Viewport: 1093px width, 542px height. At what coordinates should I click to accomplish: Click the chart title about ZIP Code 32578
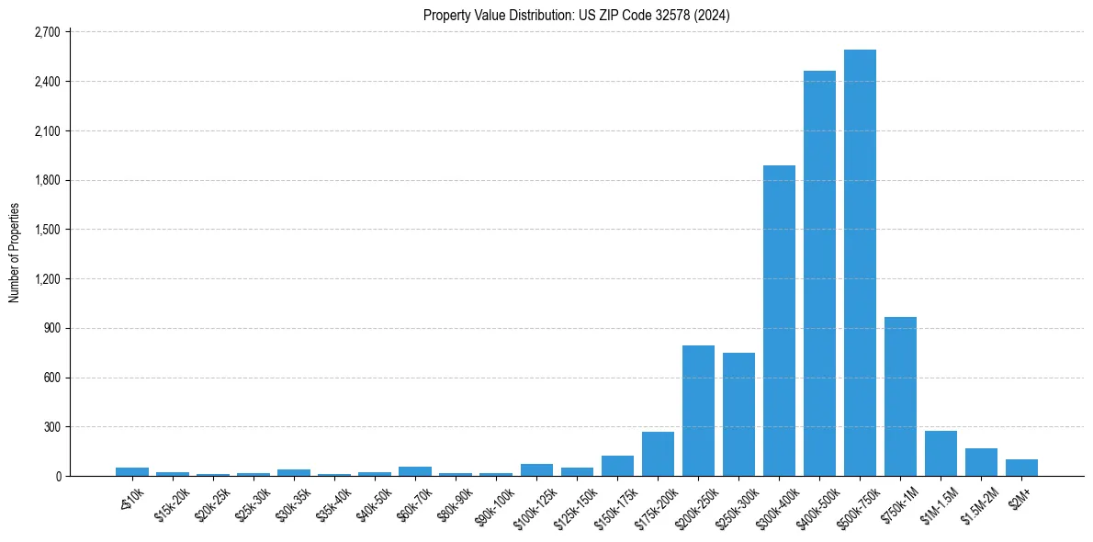coord(577,16)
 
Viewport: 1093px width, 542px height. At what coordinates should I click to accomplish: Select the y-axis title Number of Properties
coord(15,253)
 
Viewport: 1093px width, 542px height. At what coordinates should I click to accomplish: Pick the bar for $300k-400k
coord(779,321)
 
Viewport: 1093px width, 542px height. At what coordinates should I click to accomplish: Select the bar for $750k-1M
coord(900,397)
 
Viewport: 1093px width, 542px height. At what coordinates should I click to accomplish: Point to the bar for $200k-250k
coord(698,411)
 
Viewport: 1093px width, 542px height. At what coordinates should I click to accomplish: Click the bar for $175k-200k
coord(658,454)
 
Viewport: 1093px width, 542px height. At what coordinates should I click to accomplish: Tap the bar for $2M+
coord(1021,468)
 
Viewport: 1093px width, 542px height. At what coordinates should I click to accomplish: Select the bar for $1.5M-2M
coord(981,462)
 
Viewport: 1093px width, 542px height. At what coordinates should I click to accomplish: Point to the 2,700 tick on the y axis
coord(46,32)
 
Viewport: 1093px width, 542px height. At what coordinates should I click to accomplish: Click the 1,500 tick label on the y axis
coord(46,230)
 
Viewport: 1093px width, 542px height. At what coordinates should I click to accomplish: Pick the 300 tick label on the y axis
coord(51,427)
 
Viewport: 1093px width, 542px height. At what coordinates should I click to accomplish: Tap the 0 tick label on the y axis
coord(57,477)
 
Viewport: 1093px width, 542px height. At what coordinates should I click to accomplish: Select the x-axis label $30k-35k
coord(293,502)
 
